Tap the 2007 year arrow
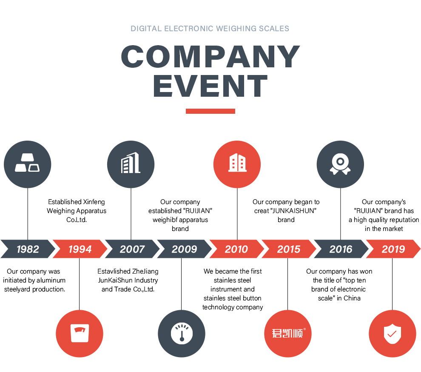(132, 249)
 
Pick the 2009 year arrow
(184, 249)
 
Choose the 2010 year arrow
(236, 249)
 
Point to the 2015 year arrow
(289, 249)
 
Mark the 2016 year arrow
(341, 249)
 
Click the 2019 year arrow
(393, 249)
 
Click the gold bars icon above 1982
(28, 164)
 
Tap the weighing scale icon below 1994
(80, 333)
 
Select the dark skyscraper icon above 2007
(131, 164)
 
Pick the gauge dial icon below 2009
(182, 333)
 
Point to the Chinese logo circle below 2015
(288, 333)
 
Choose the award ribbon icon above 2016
(340, 164)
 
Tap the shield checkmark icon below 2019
(392, 333)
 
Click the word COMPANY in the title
(210, 57)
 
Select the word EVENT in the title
(210, 87)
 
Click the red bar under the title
(210, 111)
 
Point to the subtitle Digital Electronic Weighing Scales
(210, 29)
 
